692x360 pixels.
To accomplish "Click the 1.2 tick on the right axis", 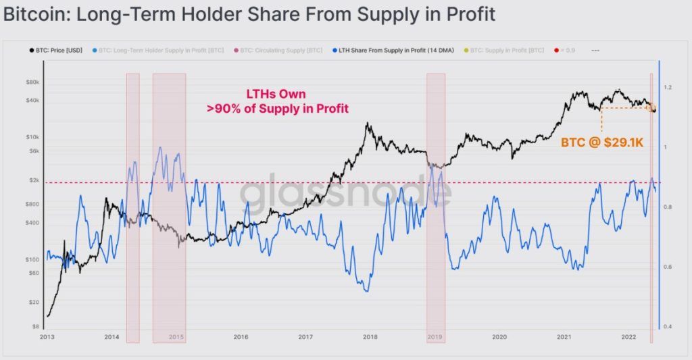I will coord(668,88).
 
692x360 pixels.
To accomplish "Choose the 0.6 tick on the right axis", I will coord(668,267).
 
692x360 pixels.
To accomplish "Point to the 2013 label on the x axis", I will coord(47,336).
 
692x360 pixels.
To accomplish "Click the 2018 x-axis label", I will coord(370,336).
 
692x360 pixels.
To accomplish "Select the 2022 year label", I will coord(628,336).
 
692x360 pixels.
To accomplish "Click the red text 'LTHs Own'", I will coord(278,95).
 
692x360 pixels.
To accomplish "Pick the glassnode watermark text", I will coord(345,195).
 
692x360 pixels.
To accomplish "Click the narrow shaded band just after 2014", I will coord(132,203).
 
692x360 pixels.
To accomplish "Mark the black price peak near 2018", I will coord(366,124).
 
